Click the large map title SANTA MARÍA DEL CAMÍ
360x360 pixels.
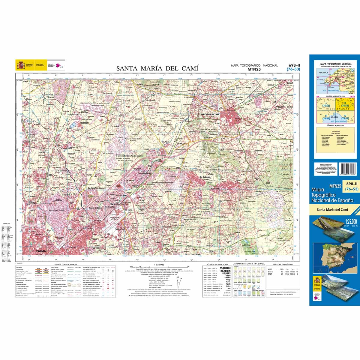click(x=157, y=68)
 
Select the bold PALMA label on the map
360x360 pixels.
click(x=41, y=251)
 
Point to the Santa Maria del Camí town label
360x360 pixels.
click(x=210, y=115)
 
